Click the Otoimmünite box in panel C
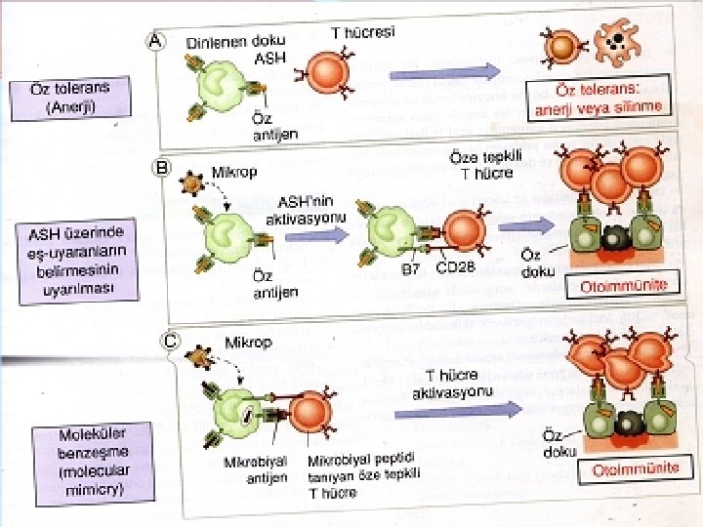coord(636,468)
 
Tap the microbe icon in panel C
coord(200,357)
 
